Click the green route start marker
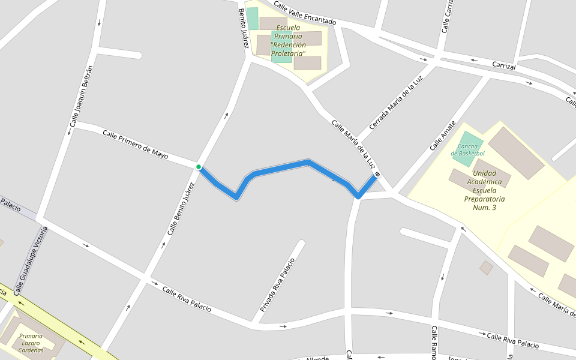(x=199, y=167)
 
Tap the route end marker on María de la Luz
(x=377, y=175)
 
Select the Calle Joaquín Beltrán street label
(x=82, y=96)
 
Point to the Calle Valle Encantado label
(x=305, y=14)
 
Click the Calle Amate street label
(x=443, y=135)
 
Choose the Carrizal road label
(x=503, y=66)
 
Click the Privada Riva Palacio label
(x=278, y=285)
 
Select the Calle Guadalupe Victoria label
(x=30, y=260)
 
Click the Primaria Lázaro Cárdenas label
(x=31, y=343)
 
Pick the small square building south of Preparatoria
(x=487, y=268)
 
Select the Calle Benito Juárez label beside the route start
(x=181, y=208)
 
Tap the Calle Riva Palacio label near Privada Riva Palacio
(x=187, y=299)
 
